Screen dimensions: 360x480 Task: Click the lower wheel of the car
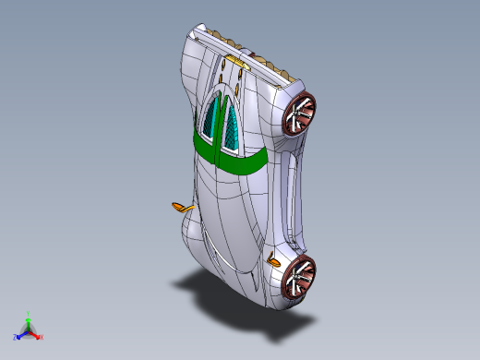tap(300, 276)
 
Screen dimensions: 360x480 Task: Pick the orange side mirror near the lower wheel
tap(273, 260)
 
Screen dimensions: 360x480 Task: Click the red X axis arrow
tap(36, 335)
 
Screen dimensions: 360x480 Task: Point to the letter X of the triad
tap(42, 337)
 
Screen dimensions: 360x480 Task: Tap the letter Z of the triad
tap(15, 337)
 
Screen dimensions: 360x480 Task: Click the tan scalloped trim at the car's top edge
tap(249, 46)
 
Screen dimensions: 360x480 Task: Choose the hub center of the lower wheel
tap(301, 276)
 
